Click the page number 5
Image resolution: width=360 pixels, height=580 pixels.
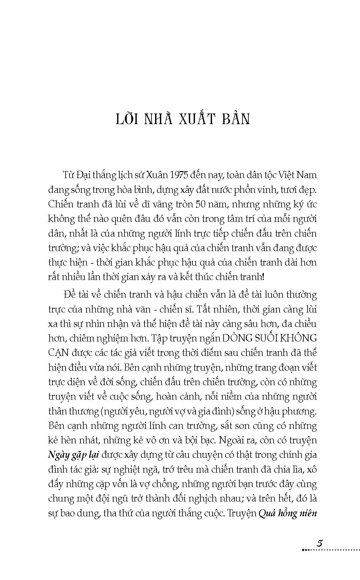click(x=319, y=543)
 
